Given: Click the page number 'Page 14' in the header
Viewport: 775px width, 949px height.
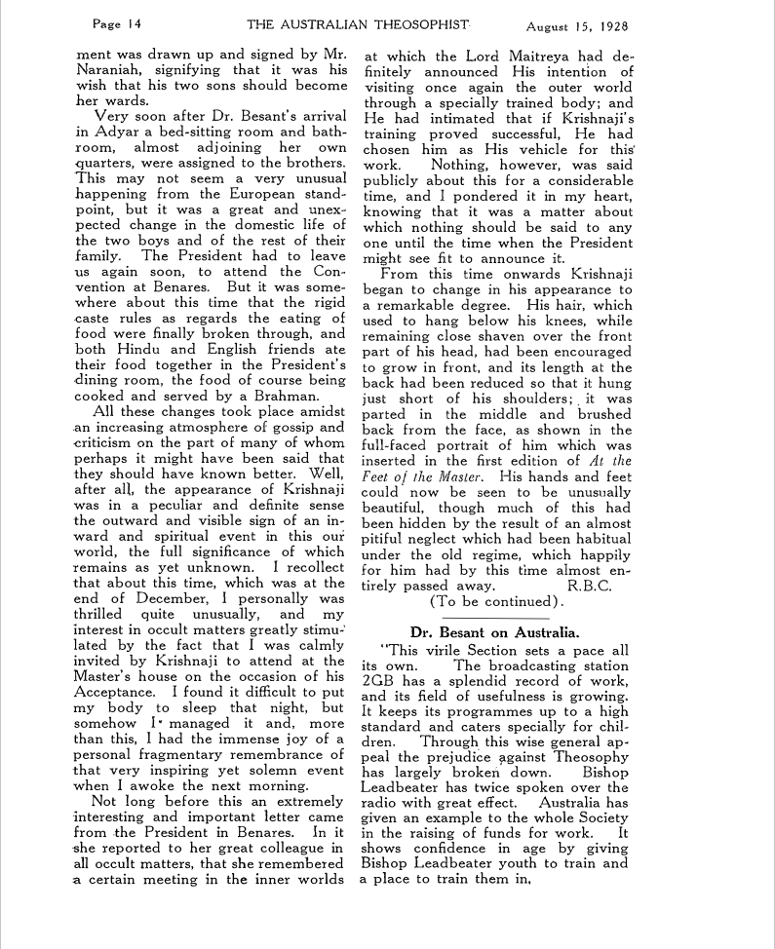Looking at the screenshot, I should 117,22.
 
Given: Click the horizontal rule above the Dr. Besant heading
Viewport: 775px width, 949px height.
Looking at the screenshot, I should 496,618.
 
